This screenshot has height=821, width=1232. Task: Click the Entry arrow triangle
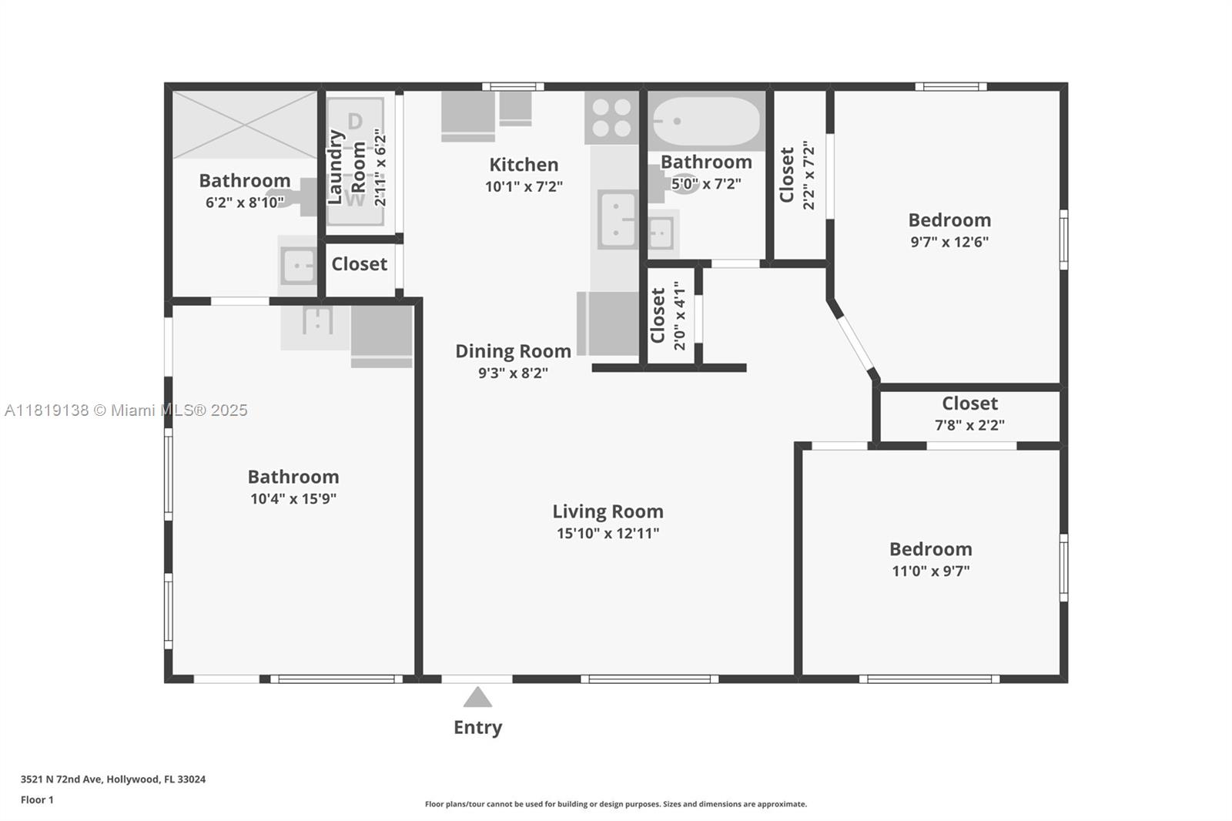[477, 697]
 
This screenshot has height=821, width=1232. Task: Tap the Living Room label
[608, 511]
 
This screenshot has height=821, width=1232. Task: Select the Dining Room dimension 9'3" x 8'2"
[513, 373]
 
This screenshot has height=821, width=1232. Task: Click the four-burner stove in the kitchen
[611, 118]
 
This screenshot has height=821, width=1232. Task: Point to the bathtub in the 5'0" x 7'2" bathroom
[706, 121]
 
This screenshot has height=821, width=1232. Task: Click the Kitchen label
[524, 165]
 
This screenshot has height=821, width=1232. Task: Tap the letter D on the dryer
[355, 121]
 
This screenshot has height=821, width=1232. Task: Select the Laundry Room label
[346, 166]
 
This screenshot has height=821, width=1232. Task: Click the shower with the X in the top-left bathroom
[245, 125]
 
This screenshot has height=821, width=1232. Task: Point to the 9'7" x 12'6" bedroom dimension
[949, 242]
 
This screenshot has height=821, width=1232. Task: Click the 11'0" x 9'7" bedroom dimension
[931, 571]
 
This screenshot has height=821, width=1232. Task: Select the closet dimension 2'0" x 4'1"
[680, 315]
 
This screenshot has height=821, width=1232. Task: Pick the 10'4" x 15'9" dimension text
[293, 499]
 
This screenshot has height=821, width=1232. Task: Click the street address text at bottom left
[113, 779]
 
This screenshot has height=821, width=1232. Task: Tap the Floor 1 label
[37, 799]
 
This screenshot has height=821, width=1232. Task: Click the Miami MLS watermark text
[126, 410]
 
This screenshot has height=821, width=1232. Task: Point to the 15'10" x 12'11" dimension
[608, 533]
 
